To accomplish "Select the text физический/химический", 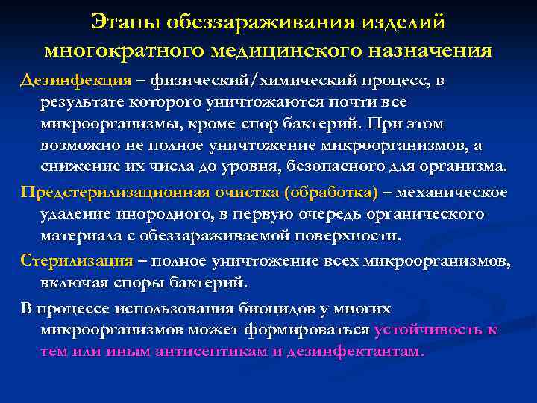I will click(247, 81).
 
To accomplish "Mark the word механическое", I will click(451, 193).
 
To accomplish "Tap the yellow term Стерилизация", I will click(76, 261).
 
